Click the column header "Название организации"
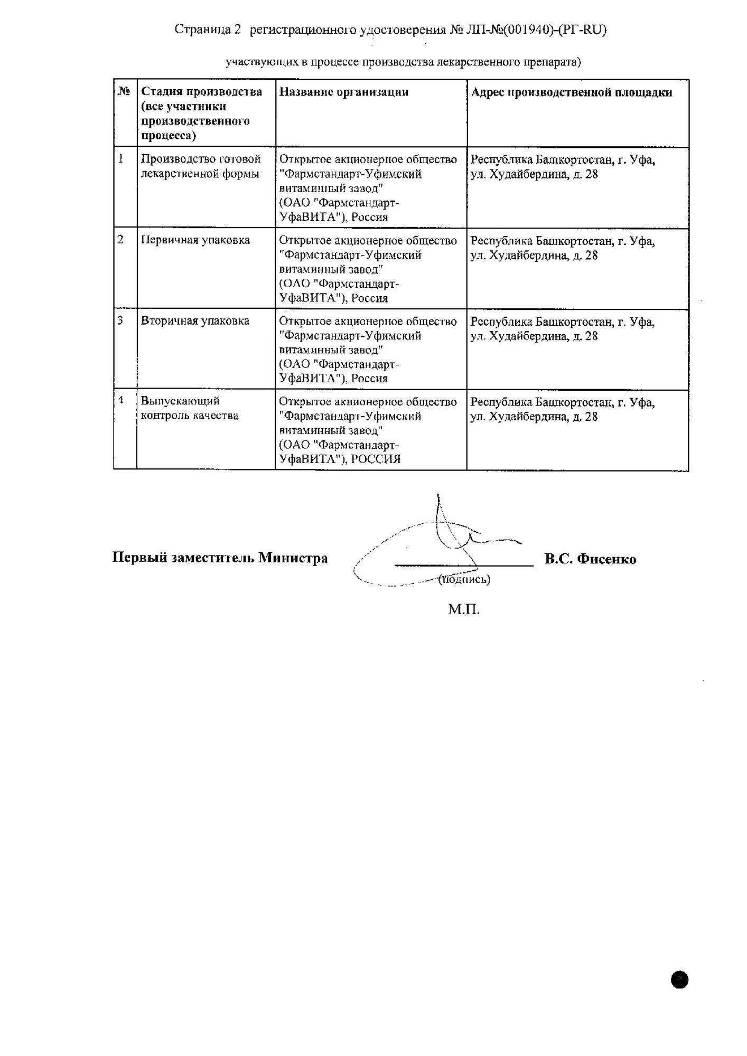click(344, 92)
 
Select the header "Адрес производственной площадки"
click(571, 92)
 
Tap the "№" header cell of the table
click(124, 91)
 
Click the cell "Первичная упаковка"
click(195, 240)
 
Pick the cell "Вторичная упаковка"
click(195, 321)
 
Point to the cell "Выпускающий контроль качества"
click(189, 408)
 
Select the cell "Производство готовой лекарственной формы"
click(201, 166)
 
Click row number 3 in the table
click(120, 320)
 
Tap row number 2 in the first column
click(120, 240)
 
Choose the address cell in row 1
click(563, 167)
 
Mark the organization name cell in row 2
click(368, 269)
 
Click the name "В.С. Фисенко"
click(590, 559)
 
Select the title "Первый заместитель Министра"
click(220, 558)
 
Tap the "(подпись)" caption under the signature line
click(464, 579)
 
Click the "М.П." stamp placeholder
click(464, 610)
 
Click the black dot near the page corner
click(679, 980)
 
